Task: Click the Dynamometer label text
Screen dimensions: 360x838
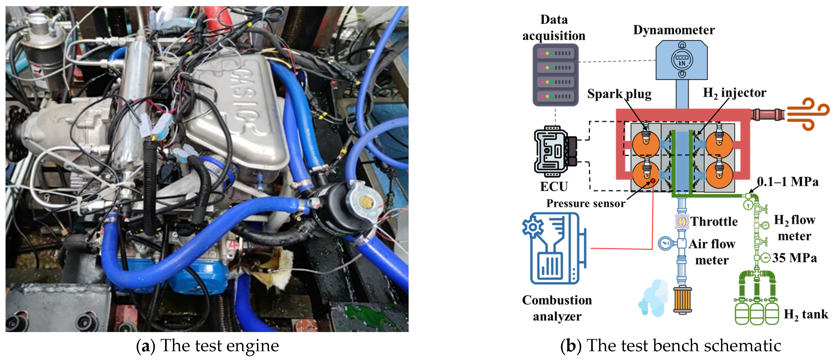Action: click(x=674, y=30)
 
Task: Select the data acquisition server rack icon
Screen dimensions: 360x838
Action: click(x=555, y=75)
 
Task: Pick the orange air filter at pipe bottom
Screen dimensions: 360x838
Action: click(x=682, y=299)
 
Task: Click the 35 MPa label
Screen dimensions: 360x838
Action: click(x=795, y=258)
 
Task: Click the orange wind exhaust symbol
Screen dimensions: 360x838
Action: click(x=808, y=114)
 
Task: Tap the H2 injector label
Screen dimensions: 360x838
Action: click(x=735, y=93)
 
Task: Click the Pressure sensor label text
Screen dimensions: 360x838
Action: click(x=586, y=203)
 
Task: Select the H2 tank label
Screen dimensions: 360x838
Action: click(x=806, y=314)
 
